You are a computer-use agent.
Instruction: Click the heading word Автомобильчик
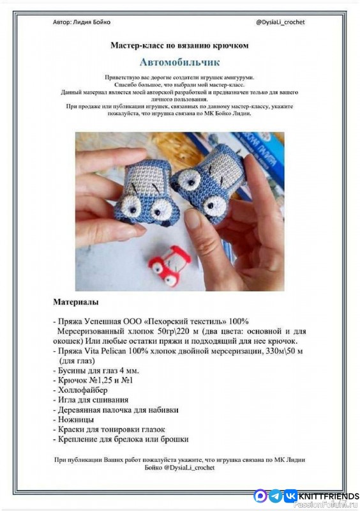click(x=179, y=63)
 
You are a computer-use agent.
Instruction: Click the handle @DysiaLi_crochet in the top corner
click(x=280, y=22)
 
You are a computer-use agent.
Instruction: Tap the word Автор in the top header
click(x=63, y=22)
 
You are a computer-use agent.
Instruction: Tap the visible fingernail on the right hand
click(x=193, y=219)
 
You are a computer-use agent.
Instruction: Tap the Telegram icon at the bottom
click(x=275, y=495)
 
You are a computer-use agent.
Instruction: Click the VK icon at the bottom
click(x=290, y=495)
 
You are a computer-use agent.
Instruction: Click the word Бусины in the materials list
click(x=74, y=370)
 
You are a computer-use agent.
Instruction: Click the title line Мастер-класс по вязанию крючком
click(x=179, y=45)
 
